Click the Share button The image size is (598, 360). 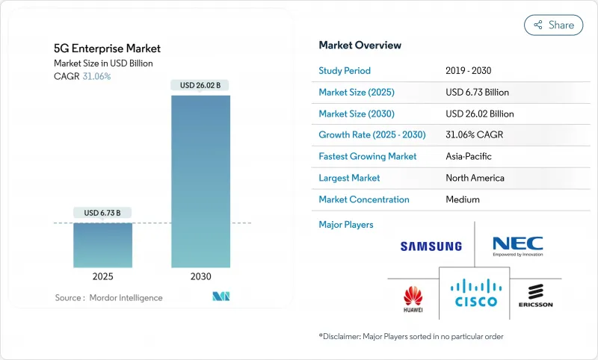(553, 25)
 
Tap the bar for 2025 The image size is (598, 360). (103, 245)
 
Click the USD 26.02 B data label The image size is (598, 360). (201, 85)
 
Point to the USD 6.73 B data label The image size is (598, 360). (103, 213)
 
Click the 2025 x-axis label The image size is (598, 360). (103, 276)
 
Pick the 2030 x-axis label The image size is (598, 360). (201, 276)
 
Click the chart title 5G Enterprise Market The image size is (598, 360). (107, 49)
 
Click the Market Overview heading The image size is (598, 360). (360, 46)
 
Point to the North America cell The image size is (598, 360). (475, 179)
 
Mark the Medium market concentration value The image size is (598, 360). (463, 199)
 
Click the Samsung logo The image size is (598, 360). (431, 246)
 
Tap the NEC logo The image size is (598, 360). (517, 246)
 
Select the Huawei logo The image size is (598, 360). (413, 297)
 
